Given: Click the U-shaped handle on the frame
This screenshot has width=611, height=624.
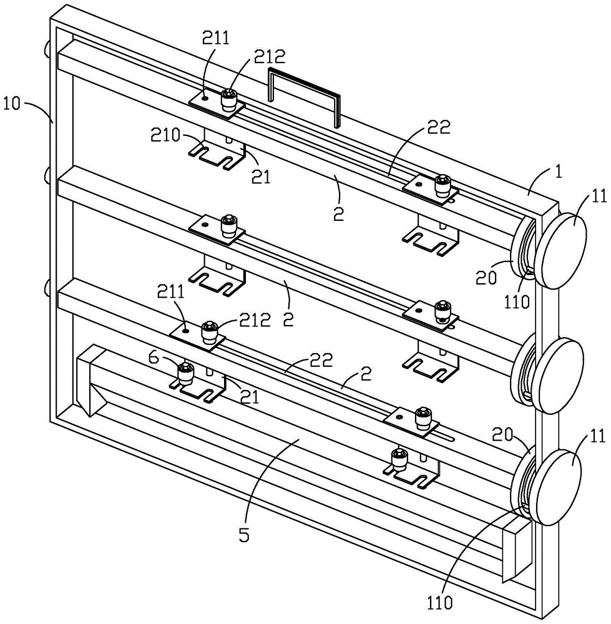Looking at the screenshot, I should pos(304,94).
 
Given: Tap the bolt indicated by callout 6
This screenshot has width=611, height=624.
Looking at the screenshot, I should pos(185,373).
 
